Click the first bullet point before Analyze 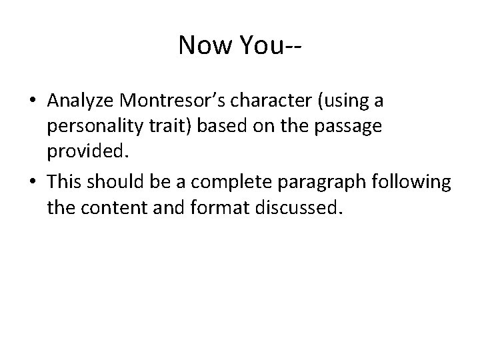(x=32, y=101)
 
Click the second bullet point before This (x=32, y=181)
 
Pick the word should (x=115, y=181)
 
